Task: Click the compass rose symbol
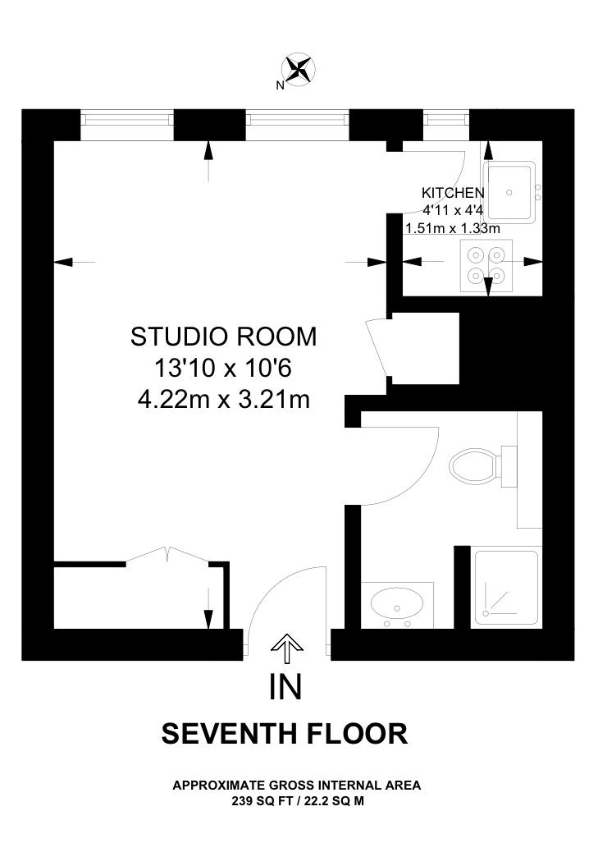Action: (299, 69)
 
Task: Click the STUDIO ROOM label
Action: (223, 337)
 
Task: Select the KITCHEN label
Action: (453, 192)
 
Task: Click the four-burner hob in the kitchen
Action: (486, 266)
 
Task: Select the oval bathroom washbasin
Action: (397, 606)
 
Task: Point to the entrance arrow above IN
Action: (287, 648)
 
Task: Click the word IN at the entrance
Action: (286, 686)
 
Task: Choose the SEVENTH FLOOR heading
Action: (285, 734)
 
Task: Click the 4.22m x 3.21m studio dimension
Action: (224, 400)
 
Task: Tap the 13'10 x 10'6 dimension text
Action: (223, 369)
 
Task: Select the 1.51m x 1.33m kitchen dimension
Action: (453, 228)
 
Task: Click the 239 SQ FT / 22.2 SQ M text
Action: (298, 801)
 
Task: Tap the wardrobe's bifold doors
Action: (167, 554)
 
